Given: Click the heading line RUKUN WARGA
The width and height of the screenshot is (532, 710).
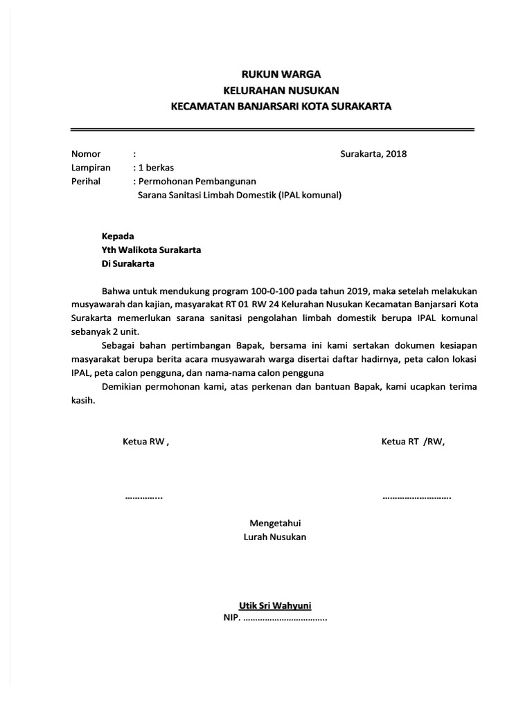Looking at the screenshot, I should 281,74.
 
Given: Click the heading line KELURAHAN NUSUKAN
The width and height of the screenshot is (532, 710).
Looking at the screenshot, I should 281,90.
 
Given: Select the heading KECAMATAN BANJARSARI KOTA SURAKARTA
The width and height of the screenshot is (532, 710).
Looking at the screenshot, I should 281,107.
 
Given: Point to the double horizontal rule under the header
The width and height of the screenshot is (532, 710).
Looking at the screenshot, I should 272,129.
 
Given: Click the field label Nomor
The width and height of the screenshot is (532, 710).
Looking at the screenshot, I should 86,154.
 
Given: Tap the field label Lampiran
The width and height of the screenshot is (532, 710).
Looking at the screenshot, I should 91,168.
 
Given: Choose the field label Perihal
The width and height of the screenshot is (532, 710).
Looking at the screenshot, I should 86,182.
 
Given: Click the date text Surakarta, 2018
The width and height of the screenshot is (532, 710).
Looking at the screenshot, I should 373,154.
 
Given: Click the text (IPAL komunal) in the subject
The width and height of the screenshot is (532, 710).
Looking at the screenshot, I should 310,196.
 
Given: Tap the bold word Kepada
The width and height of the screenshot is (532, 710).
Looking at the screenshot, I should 118,236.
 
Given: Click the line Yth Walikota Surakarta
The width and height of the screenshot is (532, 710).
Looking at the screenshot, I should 151,250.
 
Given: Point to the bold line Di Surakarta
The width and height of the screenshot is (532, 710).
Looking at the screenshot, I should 127,263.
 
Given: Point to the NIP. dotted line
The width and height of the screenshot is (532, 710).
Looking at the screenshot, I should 275,618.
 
